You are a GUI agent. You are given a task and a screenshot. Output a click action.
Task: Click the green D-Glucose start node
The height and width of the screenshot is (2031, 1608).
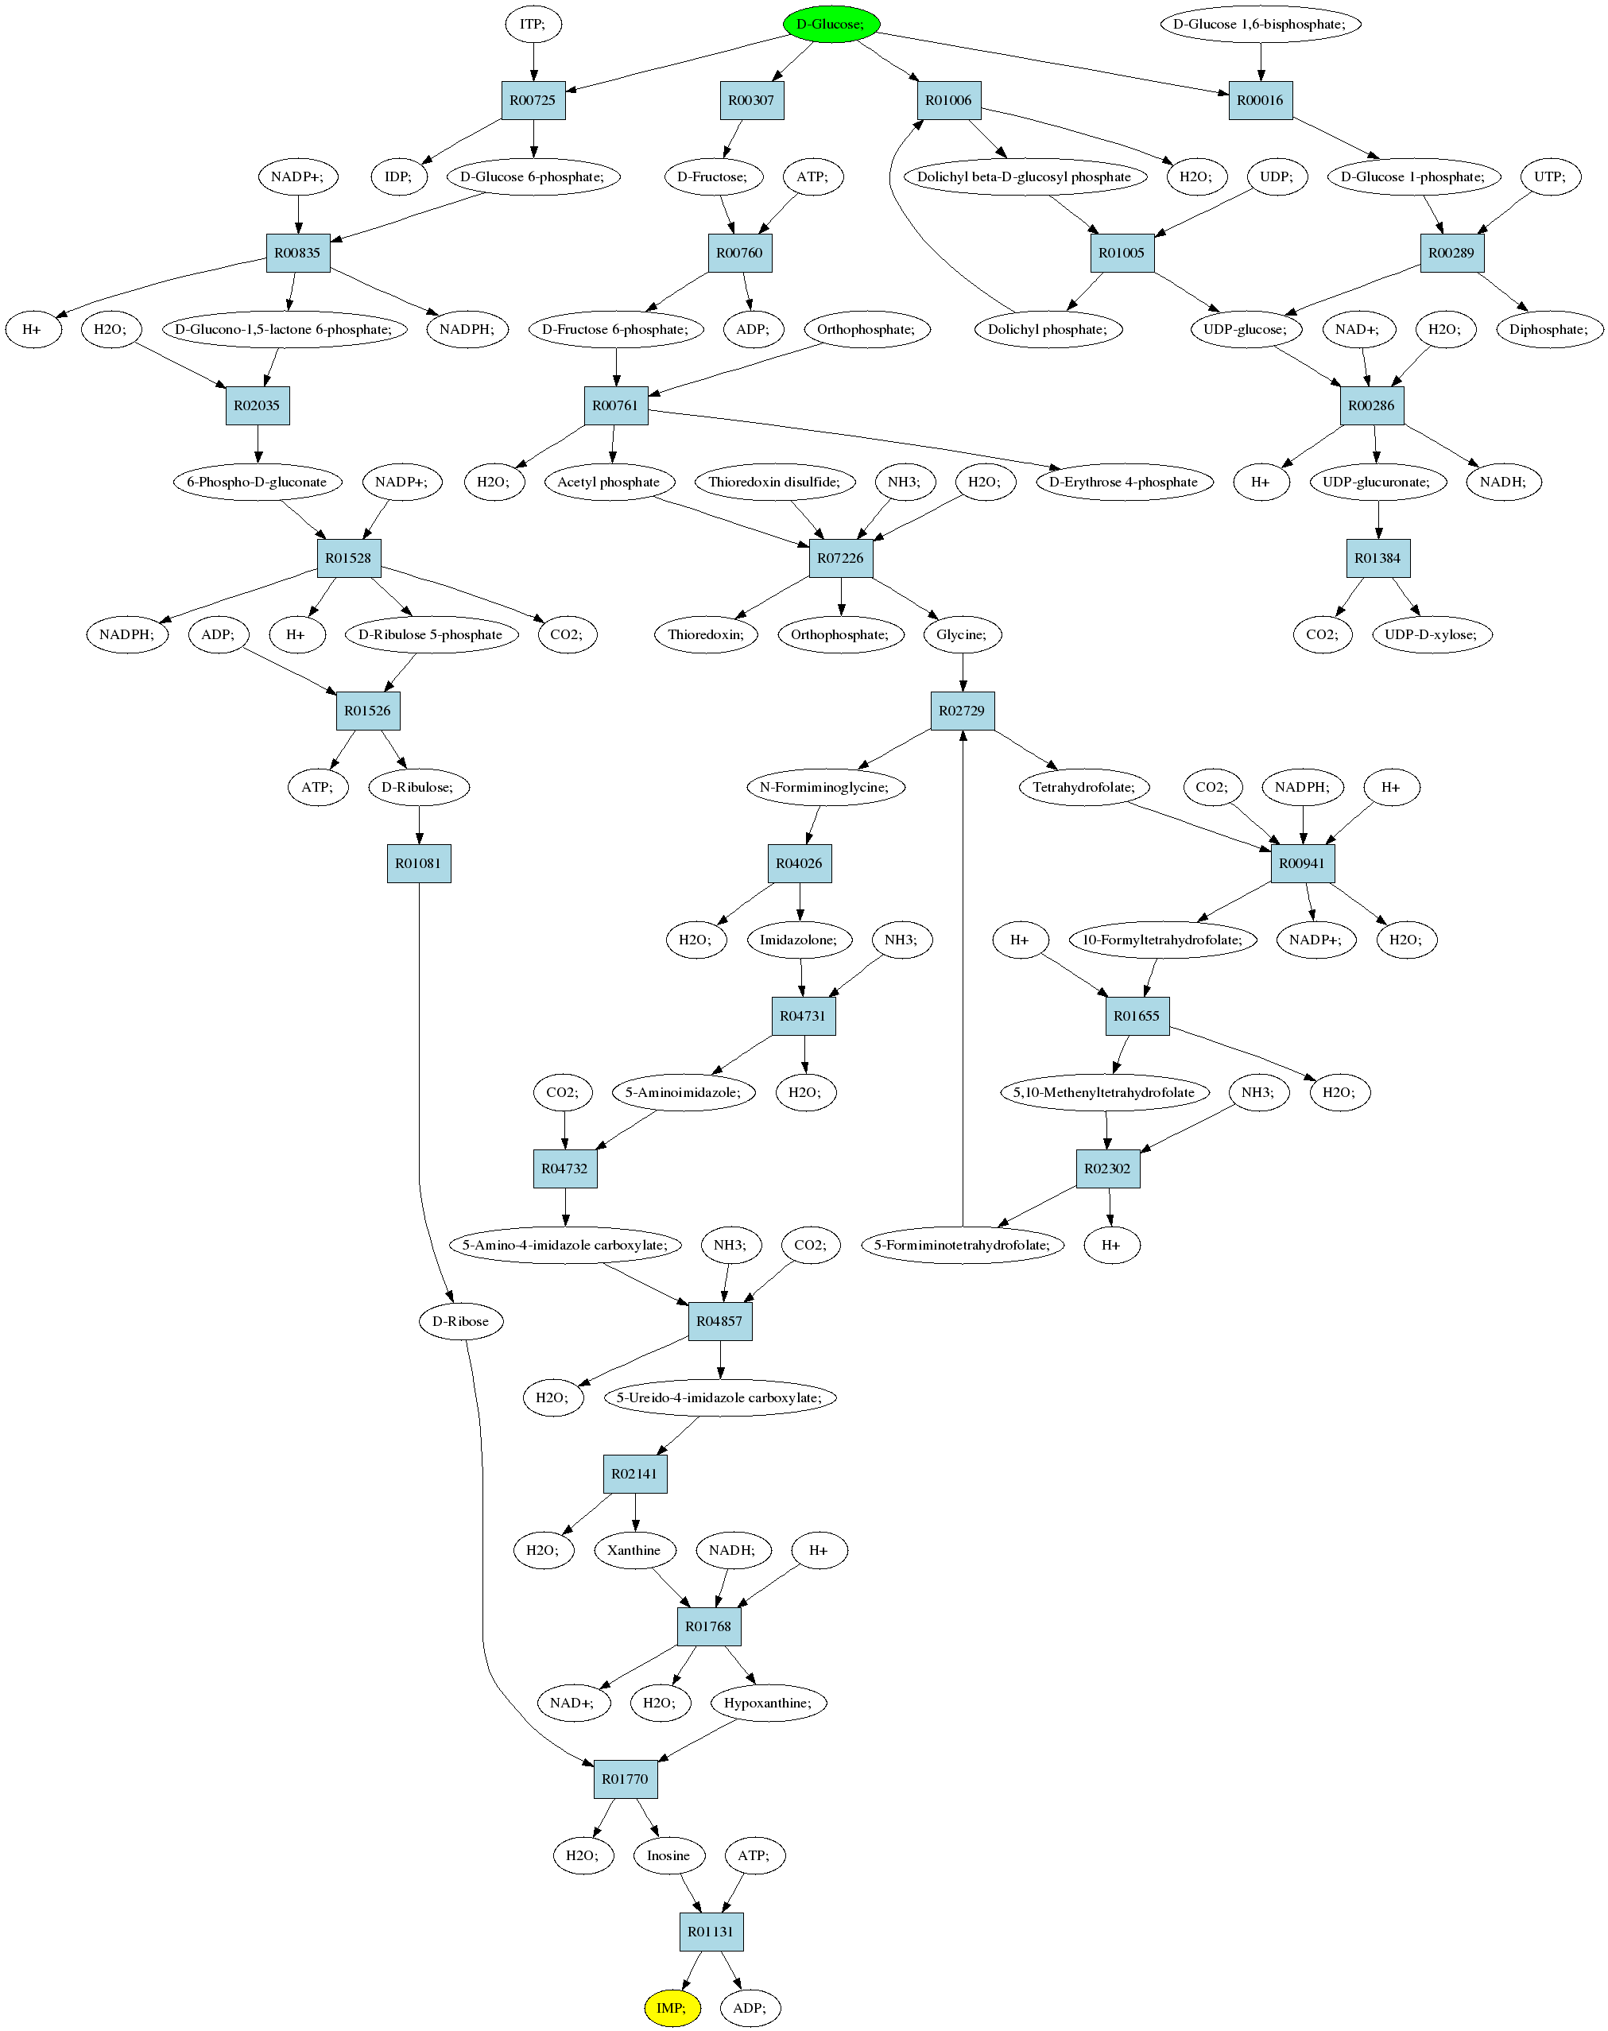(x=831, y=24)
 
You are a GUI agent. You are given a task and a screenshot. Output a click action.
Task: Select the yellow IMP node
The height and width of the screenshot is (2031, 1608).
(x=672, y=2007)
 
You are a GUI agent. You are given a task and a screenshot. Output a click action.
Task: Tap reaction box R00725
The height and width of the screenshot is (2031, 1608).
(x=533, y=100)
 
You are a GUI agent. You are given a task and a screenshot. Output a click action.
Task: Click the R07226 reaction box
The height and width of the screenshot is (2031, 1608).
(x=841, y=557)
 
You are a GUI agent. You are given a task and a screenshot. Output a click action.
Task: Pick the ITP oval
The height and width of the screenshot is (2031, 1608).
(x=533, y=24)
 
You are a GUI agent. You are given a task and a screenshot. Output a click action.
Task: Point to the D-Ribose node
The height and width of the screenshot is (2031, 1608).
(x=460, y=1321)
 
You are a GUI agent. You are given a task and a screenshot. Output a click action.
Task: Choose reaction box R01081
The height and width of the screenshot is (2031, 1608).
(x=419, y=862)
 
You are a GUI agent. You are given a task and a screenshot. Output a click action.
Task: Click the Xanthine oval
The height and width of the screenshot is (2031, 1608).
(x=634, y=1550)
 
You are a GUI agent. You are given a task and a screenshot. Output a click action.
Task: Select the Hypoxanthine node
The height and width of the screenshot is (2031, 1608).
(x=768, y=1703)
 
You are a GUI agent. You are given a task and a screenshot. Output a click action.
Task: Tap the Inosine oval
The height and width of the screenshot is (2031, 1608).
(x=668, y=1855)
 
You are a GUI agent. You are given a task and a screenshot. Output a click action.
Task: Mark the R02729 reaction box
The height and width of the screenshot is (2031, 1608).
(x=962, y=710)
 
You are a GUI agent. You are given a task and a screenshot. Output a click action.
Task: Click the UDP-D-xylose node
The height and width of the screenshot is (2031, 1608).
(x=1431, y=634)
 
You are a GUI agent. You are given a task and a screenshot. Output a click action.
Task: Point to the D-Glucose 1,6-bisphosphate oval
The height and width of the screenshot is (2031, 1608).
(x=1261, y=24)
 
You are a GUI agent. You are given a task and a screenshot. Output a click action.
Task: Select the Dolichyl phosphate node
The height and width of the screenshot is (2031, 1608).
(x=1048, y=328)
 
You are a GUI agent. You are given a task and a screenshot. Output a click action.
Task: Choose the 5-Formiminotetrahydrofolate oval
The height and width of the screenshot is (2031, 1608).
(x=962, y=1245)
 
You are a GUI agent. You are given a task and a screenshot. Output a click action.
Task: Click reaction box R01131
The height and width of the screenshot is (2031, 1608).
(x=711, y=1931)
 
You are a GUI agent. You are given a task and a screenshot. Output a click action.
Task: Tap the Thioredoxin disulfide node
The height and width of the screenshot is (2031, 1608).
(x=775, y=481)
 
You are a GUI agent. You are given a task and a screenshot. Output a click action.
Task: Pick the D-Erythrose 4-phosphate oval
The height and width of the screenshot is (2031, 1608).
(x=1124, y=481)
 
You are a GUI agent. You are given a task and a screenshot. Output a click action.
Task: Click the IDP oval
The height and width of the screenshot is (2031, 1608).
(x=398, y=176)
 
